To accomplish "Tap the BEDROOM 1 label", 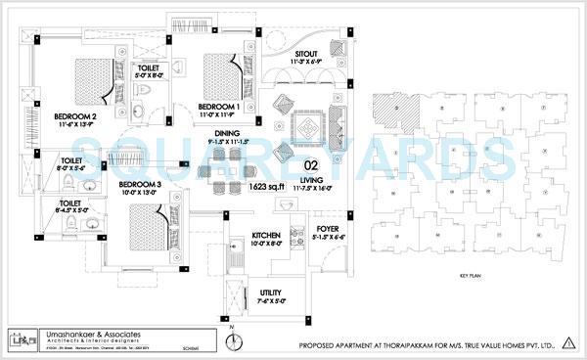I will pos(219,105).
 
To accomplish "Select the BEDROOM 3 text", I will pos(141,183).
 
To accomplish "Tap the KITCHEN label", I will pos(268,236).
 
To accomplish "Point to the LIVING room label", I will pos(312,181).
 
